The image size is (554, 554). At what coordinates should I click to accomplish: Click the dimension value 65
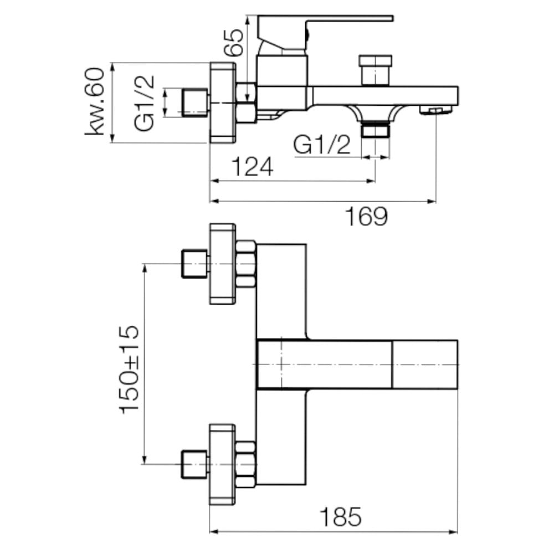coord(234,43)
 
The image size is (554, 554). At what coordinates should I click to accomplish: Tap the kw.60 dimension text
coord(95,101)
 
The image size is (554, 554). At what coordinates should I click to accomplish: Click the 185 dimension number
coord(341,517)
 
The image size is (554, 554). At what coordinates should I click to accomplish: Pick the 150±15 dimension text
coord(130,370)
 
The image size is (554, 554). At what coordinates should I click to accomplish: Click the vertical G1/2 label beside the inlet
coord(144,103)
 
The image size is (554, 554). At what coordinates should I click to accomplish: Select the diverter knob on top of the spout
coord(375,70)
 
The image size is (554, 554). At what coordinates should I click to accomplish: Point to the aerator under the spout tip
coord(435,111)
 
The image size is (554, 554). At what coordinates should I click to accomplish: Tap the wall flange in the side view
coord(223,103)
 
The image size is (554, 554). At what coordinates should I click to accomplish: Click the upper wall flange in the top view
coord(223,264)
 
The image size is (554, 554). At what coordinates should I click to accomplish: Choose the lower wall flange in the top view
coord(223,464)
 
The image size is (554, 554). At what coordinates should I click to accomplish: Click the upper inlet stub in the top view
coord(194,264)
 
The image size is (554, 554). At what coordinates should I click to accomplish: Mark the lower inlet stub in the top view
coord(194,464)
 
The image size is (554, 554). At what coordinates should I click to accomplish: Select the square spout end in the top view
coord(425,365)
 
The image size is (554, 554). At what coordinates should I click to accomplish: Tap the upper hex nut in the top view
coord(245,264)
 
